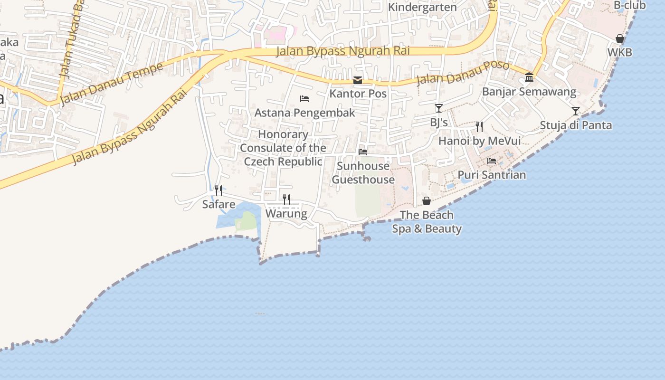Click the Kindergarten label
(x=422, y=7)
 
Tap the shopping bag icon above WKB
(x=620, y=38)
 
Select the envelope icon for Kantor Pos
(x=358, y=80)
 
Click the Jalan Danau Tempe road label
(x=112, y=83)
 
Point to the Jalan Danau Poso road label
(x=463, y=73)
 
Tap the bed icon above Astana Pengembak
(x=304, y=99)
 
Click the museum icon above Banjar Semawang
(x=529, y=77)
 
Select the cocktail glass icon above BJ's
(x=439, y=108)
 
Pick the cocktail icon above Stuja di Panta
(x=576, y=111)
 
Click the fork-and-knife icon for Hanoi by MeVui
(x=479, y=126)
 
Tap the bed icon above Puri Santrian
(x=492, y=161)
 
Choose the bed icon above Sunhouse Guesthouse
(x=363, y=152)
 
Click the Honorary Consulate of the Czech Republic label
(x=283, y=148)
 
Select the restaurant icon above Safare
(x=218, y=190)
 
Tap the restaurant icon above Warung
(x=286, y=199)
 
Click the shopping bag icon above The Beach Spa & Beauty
(x=427, y=201)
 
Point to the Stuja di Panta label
(x=576, y=125)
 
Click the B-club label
(x=629, y=5)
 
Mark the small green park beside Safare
(x=246, y=221)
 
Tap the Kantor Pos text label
(x=358, y=94)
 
